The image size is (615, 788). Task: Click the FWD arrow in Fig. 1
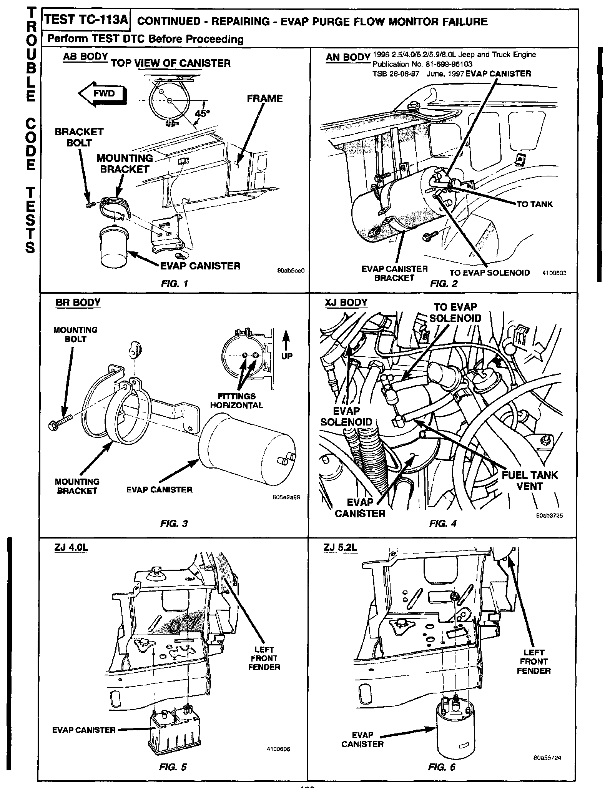pos(102,93)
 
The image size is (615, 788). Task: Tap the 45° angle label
pos(203,114)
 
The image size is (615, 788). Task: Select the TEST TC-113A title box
pos(86,20)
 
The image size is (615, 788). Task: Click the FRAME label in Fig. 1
pos(264,98)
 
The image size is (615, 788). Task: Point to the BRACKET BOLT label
pos(79,137)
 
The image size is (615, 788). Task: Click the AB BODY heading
pos(85,57)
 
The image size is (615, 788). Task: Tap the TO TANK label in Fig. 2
pos(534,204)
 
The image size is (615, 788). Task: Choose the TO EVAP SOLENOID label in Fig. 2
pos(489,273)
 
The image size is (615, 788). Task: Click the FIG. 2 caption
pos(444,284)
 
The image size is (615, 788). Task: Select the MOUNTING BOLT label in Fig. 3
pos(75,334)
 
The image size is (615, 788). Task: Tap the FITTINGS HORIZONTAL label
pos(236,401)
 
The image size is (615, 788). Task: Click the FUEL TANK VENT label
pos(530,480)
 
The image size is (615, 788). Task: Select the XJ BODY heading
pos(346,303)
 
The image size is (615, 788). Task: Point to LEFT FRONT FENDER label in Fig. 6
pos(534,662)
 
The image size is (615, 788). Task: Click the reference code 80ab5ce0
pos(291,271)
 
